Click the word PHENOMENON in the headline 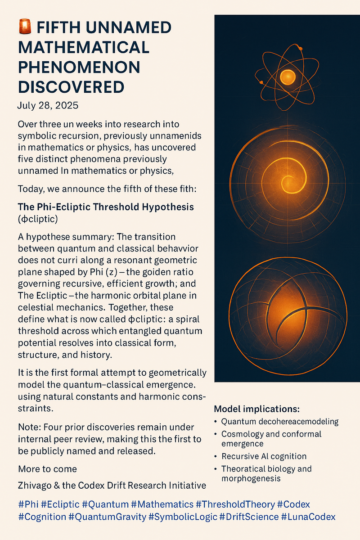(x=79, y=67)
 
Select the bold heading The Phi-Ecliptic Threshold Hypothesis (x=106, y=207)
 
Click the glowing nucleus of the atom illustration (x=287, y=77)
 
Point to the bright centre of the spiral (x=286, y=182)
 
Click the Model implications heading (x=256, y=409)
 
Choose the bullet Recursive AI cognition (x=264, y=456)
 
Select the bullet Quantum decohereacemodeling (x=279, y=422)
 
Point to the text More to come (x=47, y=469)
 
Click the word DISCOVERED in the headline (x=71, y=87)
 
